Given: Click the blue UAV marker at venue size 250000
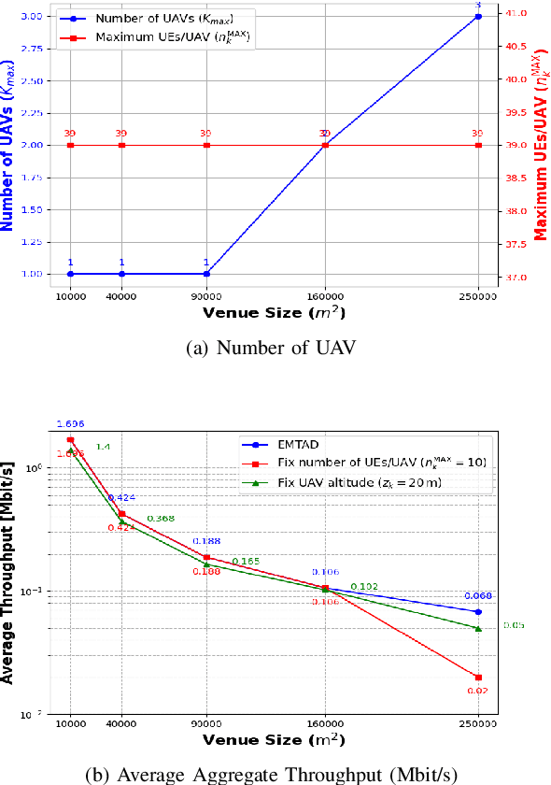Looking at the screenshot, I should coord(478,17).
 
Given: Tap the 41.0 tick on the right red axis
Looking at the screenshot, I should coord(514,13).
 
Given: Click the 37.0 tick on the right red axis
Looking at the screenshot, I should coord(514,278).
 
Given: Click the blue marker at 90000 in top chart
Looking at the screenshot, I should coord(206,274).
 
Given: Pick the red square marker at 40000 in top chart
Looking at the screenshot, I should coord(121,145).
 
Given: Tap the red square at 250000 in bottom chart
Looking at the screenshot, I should coord(478,678).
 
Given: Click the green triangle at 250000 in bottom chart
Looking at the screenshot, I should coord(478,628).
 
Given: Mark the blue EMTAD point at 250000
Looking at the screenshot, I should coord(478,612).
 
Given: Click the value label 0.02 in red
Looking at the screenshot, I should coord(478,691).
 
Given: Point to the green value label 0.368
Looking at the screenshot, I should coord(161,519).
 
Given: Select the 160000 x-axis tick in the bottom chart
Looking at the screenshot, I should coord(325,723).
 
